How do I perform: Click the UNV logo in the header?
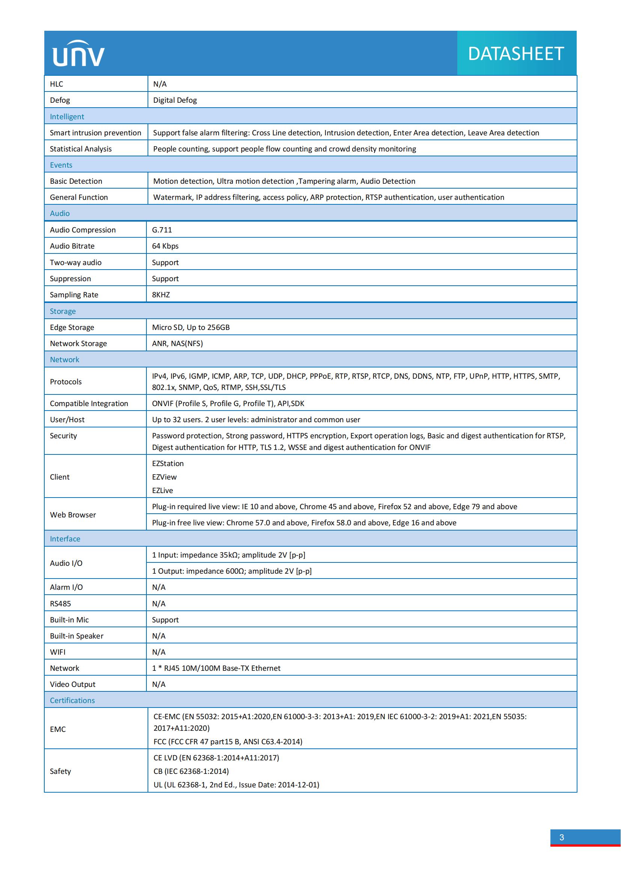click(78, 54)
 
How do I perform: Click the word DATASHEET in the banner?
click(516, 54)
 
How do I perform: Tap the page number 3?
click(561, 837)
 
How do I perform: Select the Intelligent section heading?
click(67, 117)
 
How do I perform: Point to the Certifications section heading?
click(72, 700)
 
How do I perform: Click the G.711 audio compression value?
click(162, 230)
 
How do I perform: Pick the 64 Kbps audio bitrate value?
click(165, 246)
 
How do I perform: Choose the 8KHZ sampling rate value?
click(161, 294)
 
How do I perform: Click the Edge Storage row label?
click(72, 327)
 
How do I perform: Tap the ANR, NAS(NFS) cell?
click(178, 343)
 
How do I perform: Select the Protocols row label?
click(66, 382)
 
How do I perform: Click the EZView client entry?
click(164, 477)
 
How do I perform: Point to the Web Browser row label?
click(73, 514)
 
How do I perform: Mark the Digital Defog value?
click(175, 100)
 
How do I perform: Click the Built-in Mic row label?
click(69, 619)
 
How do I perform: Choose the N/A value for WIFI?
click(159, 652)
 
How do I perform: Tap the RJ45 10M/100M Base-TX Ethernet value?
click(216, 668)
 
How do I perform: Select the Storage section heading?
click(63, 311)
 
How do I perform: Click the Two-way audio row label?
click(76, 262)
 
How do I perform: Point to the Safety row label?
click(60, 771)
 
